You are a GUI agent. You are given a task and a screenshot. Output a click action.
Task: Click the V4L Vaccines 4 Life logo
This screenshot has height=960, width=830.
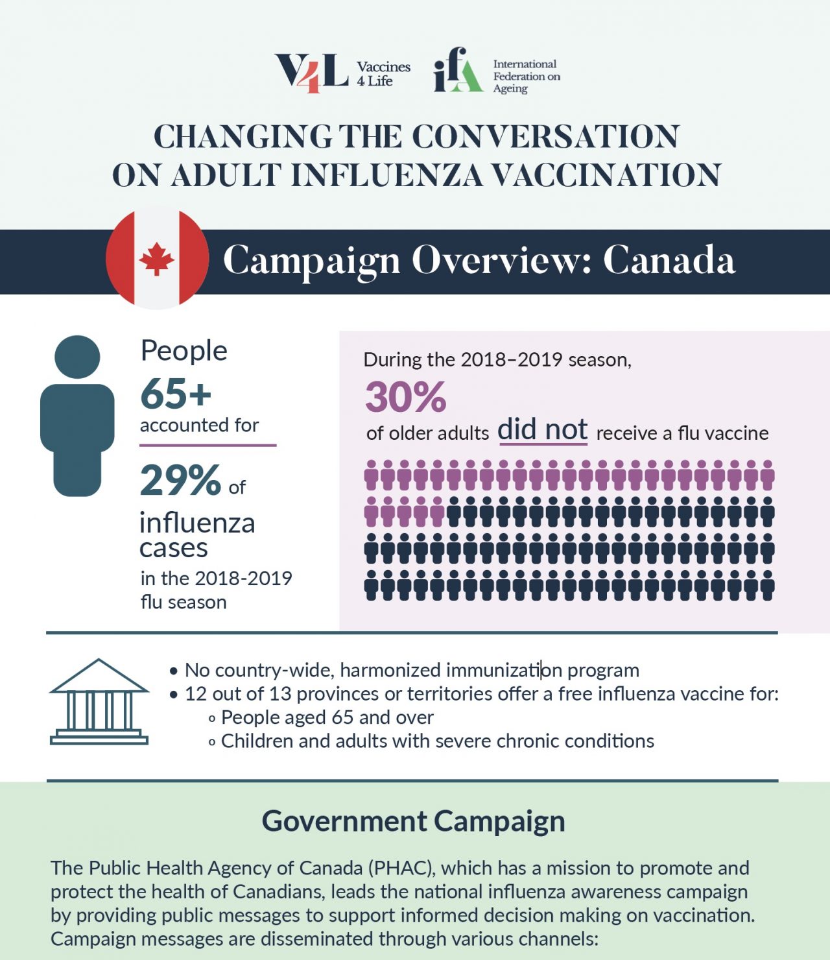click(x=342, y=73)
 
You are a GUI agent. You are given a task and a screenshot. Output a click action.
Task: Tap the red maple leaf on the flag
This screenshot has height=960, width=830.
click(x=156, y=259)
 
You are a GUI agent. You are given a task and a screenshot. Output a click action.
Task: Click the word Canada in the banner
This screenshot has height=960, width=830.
click(x=669, y=261)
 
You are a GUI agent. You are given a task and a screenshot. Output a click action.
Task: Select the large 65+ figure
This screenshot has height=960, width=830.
click(x=176, y=394)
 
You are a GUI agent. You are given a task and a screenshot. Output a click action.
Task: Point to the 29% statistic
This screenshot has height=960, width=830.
click(x=181, y=481)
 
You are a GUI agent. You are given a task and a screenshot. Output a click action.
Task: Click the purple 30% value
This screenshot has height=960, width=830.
click(x=405, y=397)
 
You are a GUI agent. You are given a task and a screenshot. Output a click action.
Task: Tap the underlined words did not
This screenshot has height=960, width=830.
click(x=543, y=430)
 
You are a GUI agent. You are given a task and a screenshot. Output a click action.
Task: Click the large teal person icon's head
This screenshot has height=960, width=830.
click(x=77, y=357)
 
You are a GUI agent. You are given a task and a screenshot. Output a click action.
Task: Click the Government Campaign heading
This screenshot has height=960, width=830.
click(x=414, y=821)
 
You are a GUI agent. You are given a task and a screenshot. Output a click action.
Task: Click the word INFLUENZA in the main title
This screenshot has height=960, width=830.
click(x=386, y=175)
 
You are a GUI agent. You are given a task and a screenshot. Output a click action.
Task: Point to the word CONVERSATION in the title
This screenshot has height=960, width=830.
click(x=545, y=137)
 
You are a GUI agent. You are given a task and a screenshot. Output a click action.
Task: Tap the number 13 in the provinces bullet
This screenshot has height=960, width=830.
click(x=280, y=694)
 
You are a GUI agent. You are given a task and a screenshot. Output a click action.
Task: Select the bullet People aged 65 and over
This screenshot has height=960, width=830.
click(x=327, y=717)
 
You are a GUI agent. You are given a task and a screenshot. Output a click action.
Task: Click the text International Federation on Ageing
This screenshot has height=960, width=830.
click(x=526, y=76)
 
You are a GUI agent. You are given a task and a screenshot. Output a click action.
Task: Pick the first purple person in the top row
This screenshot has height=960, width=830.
click(x=372, y=475)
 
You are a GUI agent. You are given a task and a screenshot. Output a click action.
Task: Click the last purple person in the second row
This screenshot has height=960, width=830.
click(x=438, y=512)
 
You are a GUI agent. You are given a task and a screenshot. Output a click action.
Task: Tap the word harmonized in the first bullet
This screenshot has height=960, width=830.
click(x=390, y=670)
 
